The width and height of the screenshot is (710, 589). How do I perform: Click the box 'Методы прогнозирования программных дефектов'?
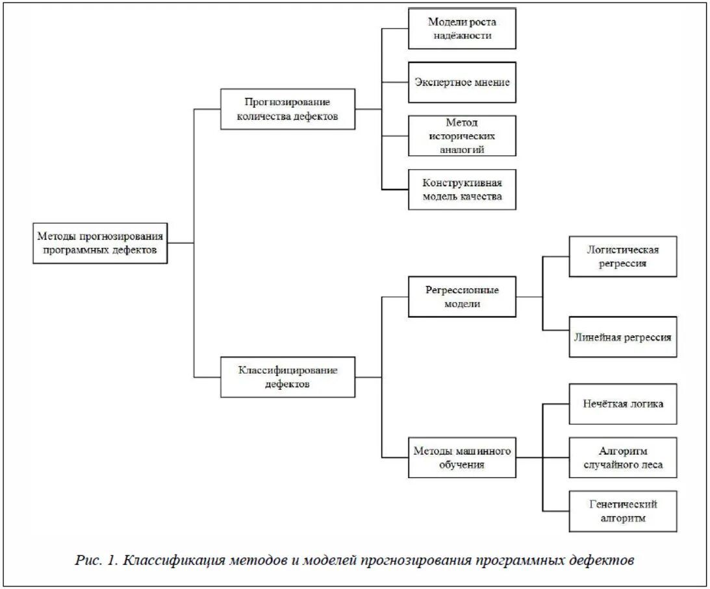click(100, 243)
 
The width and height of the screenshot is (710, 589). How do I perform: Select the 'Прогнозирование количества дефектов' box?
click(288, 109)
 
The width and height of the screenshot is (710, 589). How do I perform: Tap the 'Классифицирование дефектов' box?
click(288, 377)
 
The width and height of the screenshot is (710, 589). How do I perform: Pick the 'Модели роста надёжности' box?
click(462, 29)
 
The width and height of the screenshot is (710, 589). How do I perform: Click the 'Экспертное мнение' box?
click(462, 82)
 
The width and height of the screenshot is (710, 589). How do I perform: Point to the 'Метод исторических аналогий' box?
click(462, 136)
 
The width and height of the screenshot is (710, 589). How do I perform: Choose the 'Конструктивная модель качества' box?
click(462, 189)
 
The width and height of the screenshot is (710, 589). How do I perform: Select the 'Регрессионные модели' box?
click(462, 296)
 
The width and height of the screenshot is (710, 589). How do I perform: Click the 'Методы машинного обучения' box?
click(462, 457)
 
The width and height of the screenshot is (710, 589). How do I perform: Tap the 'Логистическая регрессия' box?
click(623, 256)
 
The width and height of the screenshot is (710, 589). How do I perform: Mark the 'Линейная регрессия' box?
click(623, 337)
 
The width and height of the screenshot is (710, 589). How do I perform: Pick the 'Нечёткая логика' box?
click(623, 404)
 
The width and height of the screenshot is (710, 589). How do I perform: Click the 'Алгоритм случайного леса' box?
click(623, 457)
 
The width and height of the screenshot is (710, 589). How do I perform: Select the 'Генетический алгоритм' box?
click(623, 511)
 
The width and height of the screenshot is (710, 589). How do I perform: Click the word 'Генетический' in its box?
click(623, 504)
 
